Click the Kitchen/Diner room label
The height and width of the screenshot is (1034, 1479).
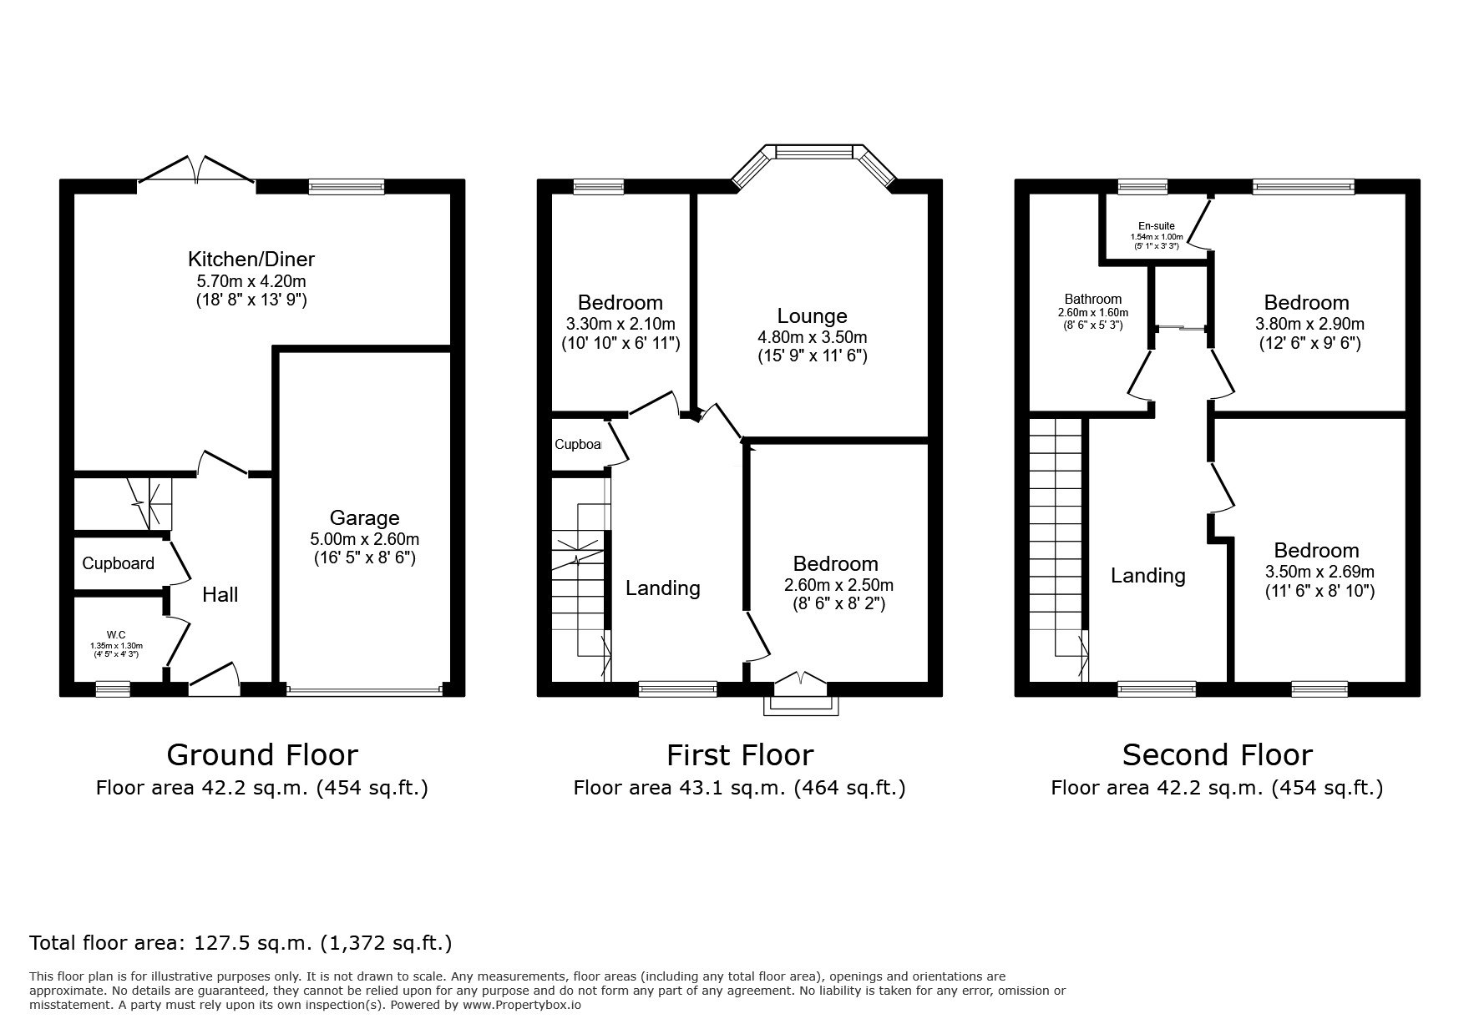click(x=251, y=259)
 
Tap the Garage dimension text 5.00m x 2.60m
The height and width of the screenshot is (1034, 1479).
click(x=364, y=539)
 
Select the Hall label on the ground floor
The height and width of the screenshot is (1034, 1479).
click(x=220, y=594)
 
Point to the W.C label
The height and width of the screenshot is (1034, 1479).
click(x=115, y=634)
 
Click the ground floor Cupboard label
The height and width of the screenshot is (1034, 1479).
click(x=118, y=563)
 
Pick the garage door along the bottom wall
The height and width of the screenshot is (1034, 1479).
click(x=364, y=690)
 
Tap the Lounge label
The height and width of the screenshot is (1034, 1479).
click(x=812, y=316)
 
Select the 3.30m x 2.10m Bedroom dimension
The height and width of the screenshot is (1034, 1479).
click(x=620, y=324)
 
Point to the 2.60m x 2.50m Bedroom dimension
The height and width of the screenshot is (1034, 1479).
click(x=838, y=585)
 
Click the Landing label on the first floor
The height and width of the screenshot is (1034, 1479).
click(x=663, y=588)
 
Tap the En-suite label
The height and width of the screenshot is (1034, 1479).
click(x=1157, y=226)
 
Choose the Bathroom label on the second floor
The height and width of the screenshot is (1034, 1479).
click(x=1093, y=300)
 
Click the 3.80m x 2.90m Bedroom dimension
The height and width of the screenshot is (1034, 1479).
click(x=1309, y=324)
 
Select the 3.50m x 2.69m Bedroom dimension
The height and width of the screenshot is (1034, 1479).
click(x=1319, y=572)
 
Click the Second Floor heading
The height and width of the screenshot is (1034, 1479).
click(x=1217, y=754)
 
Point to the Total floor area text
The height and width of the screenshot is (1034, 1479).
click(x=241, y=943)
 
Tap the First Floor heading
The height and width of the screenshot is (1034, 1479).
click(x=740, y=754)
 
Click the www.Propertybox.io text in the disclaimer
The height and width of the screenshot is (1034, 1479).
click(x=522, y=1006)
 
